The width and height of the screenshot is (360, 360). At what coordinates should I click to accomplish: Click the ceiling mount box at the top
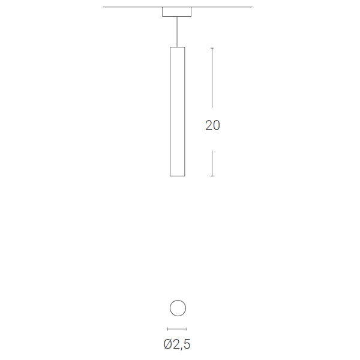pos(176,12)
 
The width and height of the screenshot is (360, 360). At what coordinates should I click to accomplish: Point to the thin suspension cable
pos(177,32)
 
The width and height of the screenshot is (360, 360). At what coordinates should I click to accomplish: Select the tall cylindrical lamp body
pos(177,112)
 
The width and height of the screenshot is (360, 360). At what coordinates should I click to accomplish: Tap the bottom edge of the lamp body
pos(177,176)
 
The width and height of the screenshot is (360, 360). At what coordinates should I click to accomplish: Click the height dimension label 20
pos(212,125)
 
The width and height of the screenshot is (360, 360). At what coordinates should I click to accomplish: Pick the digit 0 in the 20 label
pos(217,125)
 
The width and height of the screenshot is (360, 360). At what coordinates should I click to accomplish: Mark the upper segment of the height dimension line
pos(212,77)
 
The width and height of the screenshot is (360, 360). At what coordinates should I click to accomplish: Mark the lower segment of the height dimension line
pos(212,163)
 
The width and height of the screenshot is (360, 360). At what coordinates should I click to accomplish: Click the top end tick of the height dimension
pos(212,48)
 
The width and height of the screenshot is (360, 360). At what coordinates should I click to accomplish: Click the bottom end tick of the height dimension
pos(212,176)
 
